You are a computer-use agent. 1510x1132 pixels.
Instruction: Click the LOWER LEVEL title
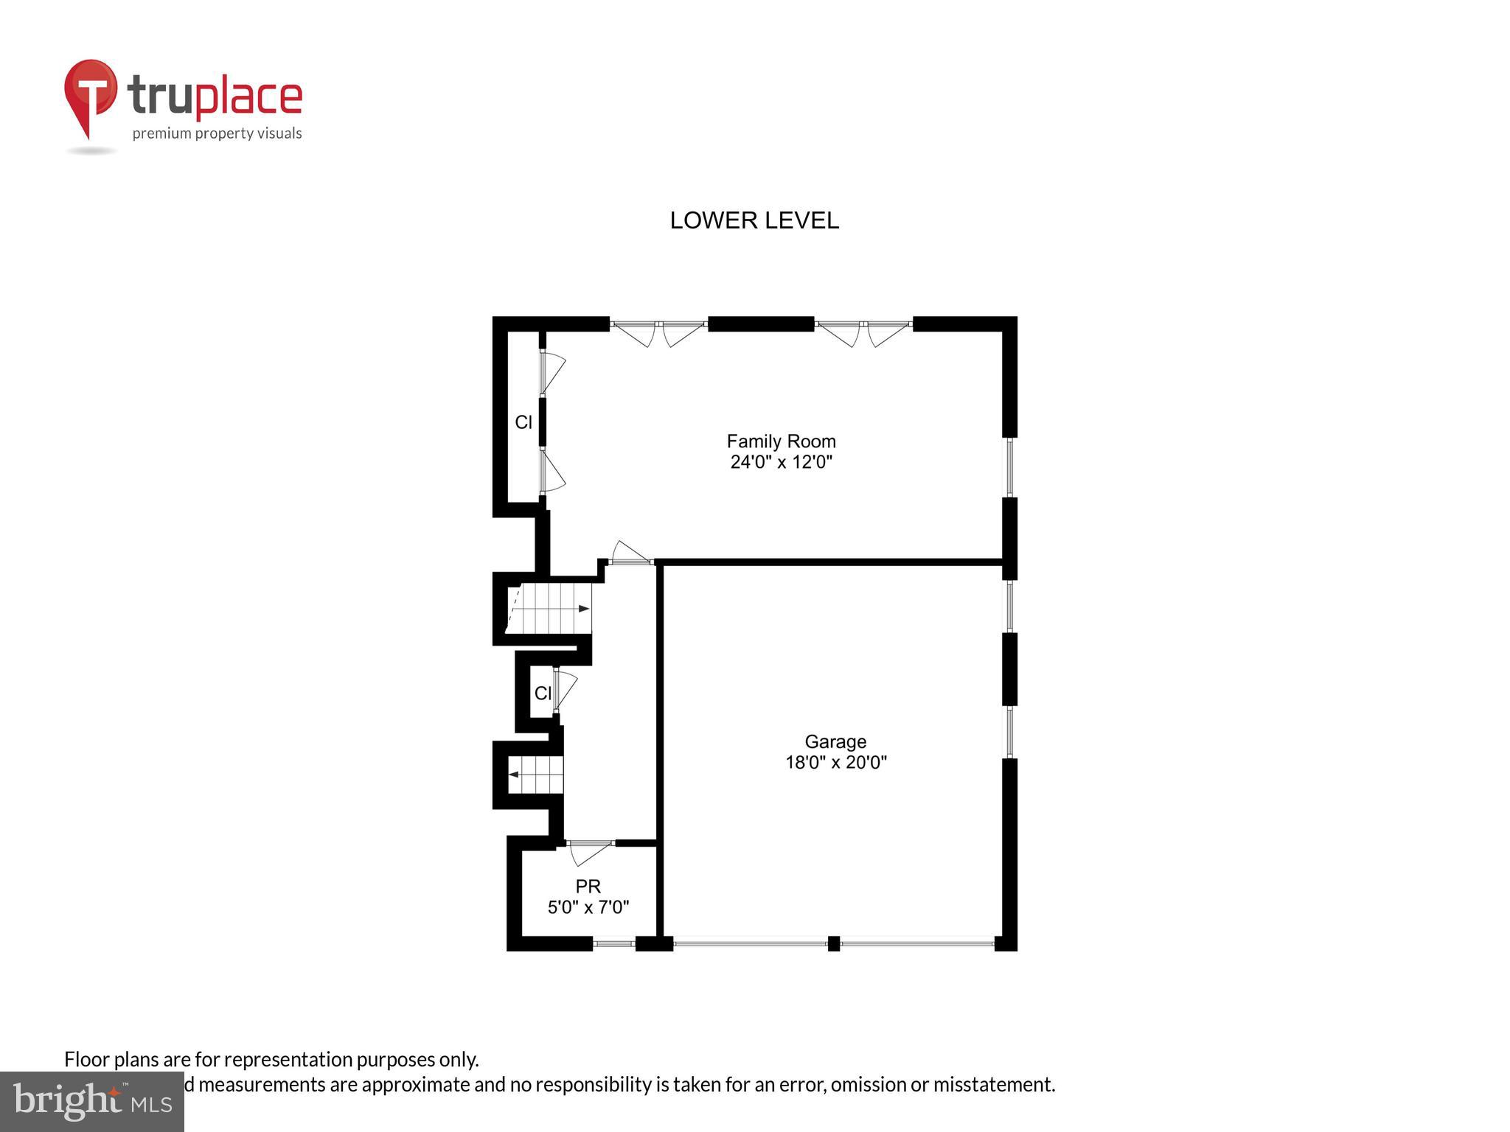pos(754,220)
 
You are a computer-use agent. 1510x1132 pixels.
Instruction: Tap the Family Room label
pos(781,441)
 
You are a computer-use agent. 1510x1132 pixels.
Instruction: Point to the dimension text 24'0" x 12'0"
pos(781,462)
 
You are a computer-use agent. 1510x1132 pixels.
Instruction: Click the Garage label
pos(835,741)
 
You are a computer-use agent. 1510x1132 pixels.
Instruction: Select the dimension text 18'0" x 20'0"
pos(835,762)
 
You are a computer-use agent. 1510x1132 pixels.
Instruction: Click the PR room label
pos(588,887)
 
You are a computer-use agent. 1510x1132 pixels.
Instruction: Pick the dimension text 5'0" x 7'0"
pos(588,907)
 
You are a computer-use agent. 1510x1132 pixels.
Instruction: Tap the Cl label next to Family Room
pos(523,422)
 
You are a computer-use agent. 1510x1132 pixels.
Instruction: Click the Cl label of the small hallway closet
pos(542,693)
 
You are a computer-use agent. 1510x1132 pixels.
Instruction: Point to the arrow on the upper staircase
pos(583,609)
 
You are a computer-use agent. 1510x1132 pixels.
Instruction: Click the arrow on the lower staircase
pos(514,775)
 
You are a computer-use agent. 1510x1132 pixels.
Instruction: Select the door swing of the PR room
pos(589,853)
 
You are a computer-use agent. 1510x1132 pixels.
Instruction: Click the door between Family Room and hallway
pos(630,553)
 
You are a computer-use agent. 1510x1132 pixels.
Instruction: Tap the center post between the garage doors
pos(833,943)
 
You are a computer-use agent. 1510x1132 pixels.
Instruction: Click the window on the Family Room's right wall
pos(1010,467)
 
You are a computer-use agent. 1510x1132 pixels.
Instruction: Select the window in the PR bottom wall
pos(614,943)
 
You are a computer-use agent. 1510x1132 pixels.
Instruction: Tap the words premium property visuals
pos(217,133)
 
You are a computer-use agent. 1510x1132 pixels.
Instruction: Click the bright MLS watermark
pos(91,1101)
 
